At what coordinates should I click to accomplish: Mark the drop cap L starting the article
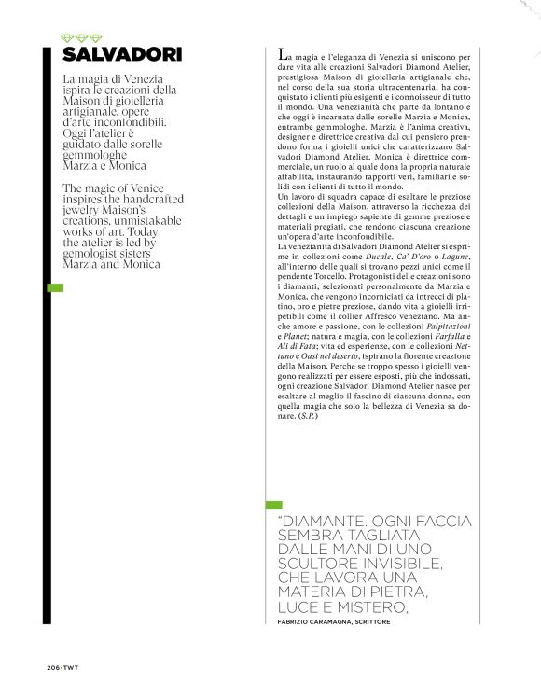(x=283, y=58)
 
